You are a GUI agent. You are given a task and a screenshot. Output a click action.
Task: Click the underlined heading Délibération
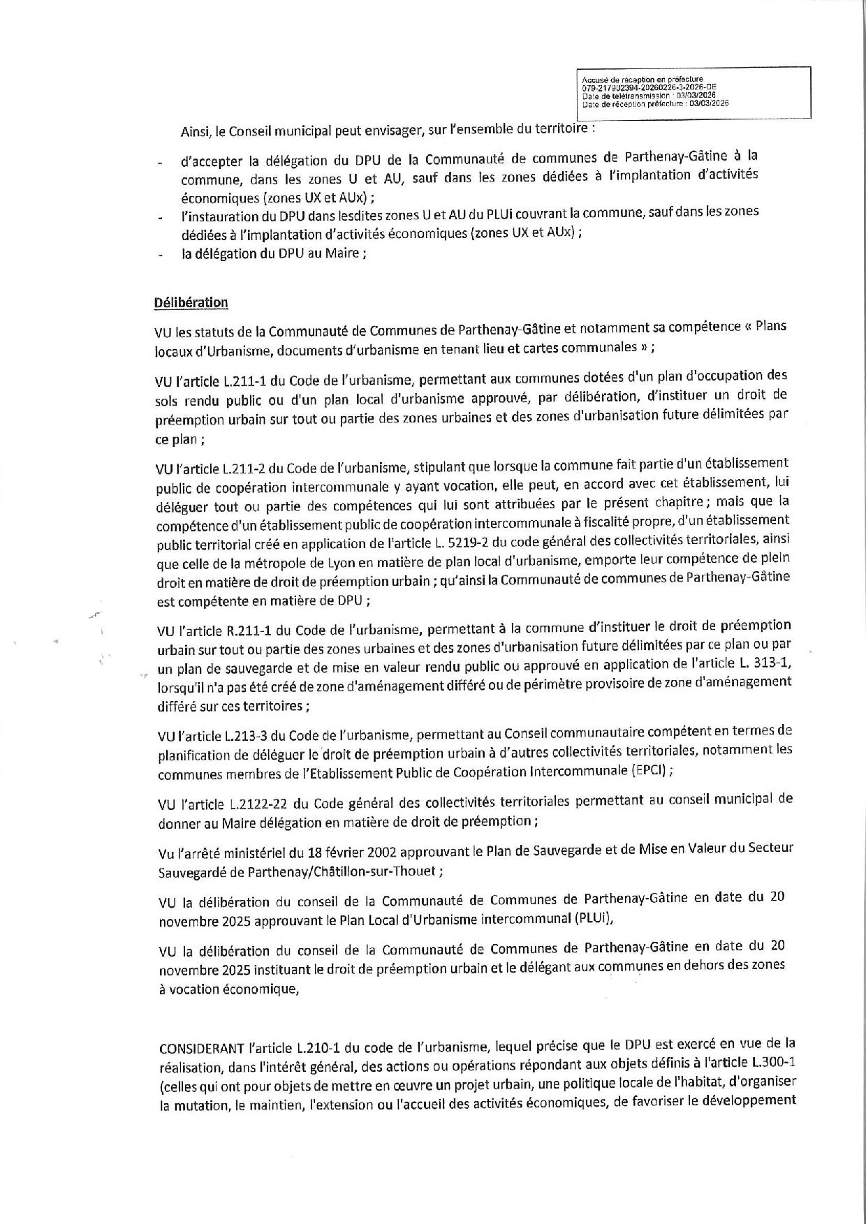click(x=191, y=302)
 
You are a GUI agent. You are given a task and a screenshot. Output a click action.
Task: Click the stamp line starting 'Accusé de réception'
click(x=642, y=80)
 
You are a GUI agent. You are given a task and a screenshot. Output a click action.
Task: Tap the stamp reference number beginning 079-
click(x=649, y=87)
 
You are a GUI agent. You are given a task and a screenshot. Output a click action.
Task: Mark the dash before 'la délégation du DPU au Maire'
click(x=161, y=255)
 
